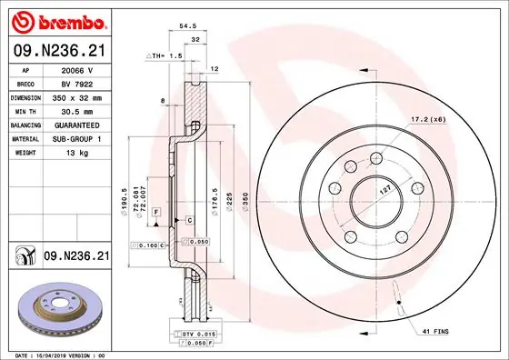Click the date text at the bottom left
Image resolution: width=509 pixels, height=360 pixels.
[x=56, y=355]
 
